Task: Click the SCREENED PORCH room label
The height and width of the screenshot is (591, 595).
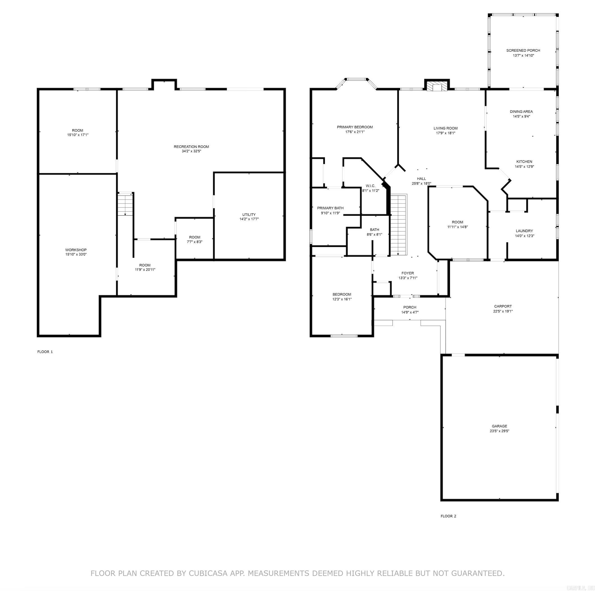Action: click(523, 50)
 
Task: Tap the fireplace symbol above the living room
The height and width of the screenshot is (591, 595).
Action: click(437, 86)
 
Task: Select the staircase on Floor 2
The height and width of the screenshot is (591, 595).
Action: click(398, 225)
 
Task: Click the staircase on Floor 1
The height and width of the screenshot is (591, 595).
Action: click(125, 204)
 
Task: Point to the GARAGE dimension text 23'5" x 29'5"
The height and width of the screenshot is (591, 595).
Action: click(499, 431)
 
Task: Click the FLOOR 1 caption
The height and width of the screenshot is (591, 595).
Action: click(45, 352)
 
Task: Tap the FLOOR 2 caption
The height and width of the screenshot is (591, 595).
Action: click(448, 516)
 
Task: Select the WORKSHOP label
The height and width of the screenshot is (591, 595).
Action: click(76, 250)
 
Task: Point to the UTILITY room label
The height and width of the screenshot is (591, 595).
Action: click(248, 214)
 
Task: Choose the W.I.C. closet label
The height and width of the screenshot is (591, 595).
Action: click(370, 186)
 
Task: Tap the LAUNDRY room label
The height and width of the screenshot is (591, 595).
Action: click(524, 231)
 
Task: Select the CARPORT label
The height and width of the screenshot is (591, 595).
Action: click(502, 306)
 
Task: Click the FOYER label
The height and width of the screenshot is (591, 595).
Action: click(407, 273)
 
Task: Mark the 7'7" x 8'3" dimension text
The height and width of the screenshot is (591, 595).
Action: click(194, 242)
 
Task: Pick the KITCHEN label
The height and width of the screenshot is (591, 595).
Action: click(524, 162)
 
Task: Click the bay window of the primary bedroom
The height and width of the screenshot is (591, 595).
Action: click(356, 79)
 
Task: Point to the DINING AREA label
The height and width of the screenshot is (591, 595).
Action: click(521, 112)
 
